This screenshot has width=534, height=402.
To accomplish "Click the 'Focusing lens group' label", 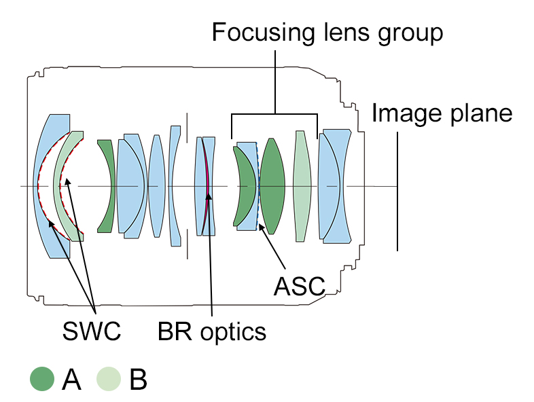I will coord(327,32).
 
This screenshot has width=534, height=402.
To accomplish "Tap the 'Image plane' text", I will coord(441,113).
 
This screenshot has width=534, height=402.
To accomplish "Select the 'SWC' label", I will coord(92,331).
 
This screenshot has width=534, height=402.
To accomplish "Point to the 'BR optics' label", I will coord(211,331).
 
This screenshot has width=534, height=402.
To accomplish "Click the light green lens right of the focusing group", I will coord(300,187).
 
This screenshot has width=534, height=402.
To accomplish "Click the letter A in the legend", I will coord(71,380).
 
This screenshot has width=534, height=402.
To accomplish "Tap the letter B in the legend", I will coord(137,380).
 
